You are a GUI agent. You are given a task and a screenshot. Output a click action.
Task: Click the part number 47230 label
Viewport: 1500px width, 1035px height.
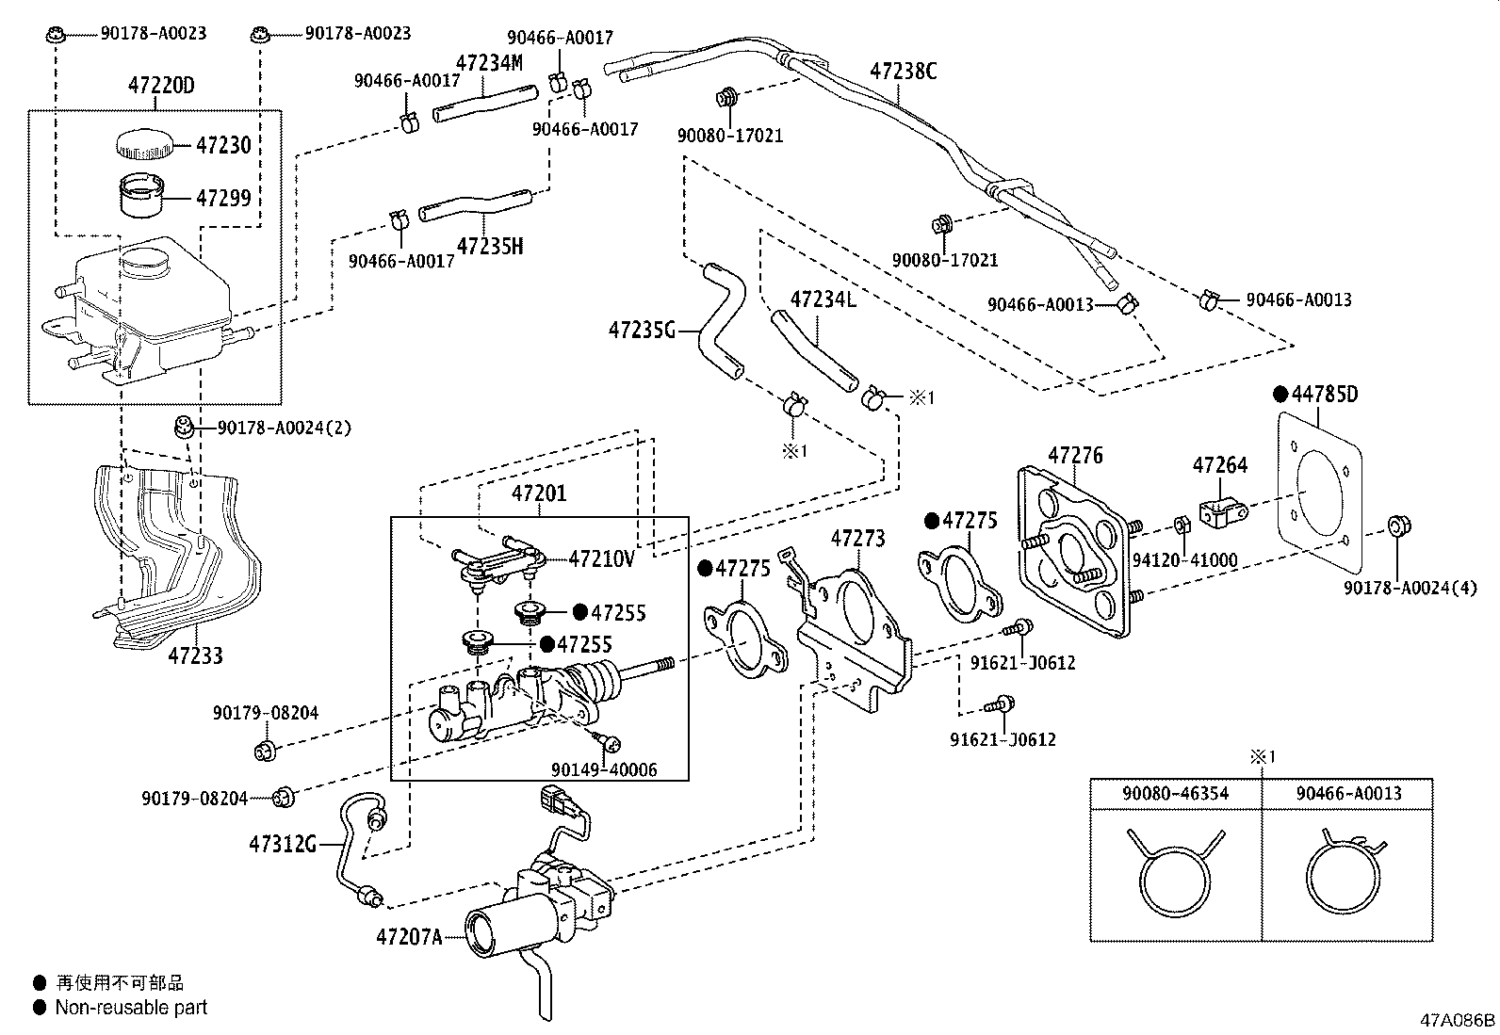pyautogui.click(x=223, y=146)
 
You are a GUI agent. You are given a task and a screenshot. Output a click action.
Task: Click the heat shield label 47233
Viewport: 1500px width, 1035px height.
pyautogui.click(x=196, y=655)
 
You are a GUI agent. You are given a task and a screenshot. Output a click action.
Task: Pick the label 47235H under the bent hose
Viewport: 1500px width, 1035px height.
pyautogui.click(x=489, y=247)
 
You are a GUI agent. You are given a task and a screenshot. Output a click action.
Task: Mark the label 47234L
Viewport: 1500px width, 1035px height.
pyautogui.click(x=823, y=300)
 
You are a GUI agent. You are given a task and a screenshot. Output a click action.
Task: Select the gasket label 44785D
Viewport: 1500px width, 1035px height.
pyautogui.click(x=1324, y=394)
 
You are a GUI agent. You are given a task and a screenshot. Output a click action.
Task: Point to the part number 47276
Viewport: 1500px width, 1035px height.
pyautogui.click(x=1075, y=456)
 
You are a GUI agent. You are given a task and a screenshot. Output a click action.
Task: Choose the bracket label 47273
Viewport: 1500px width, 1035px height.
pyautogui.click(x=857, y=539)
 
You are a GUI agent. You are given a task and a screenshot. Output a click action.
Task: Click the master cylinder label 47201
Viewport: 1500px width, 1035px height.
pyautogui.click(x=539, y=493)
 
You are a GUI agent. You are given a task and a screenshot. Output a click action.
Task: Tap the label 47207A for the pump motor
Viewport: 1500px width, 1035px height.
pyautogui.click(x=409, y=937)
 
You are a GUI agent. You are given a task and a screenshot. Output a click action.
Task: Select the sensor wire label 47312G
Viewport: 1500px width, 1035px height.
pyautogui.click(x=282, y=844)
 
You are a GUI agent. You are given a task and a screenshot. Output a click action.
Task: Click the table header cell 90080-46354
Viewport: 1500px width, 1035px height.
pyautogui.click(x=1175, y=793)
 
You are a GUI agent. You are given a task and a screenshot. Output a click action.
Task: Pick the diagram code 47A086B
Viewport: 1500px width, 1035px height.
pyautogui.click(x=1458, y=1020)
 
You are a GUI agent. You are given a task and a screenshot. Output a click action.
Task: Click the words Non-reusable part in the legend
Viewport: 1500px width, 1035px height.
pyautogui.click(x=131, y=1008)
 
